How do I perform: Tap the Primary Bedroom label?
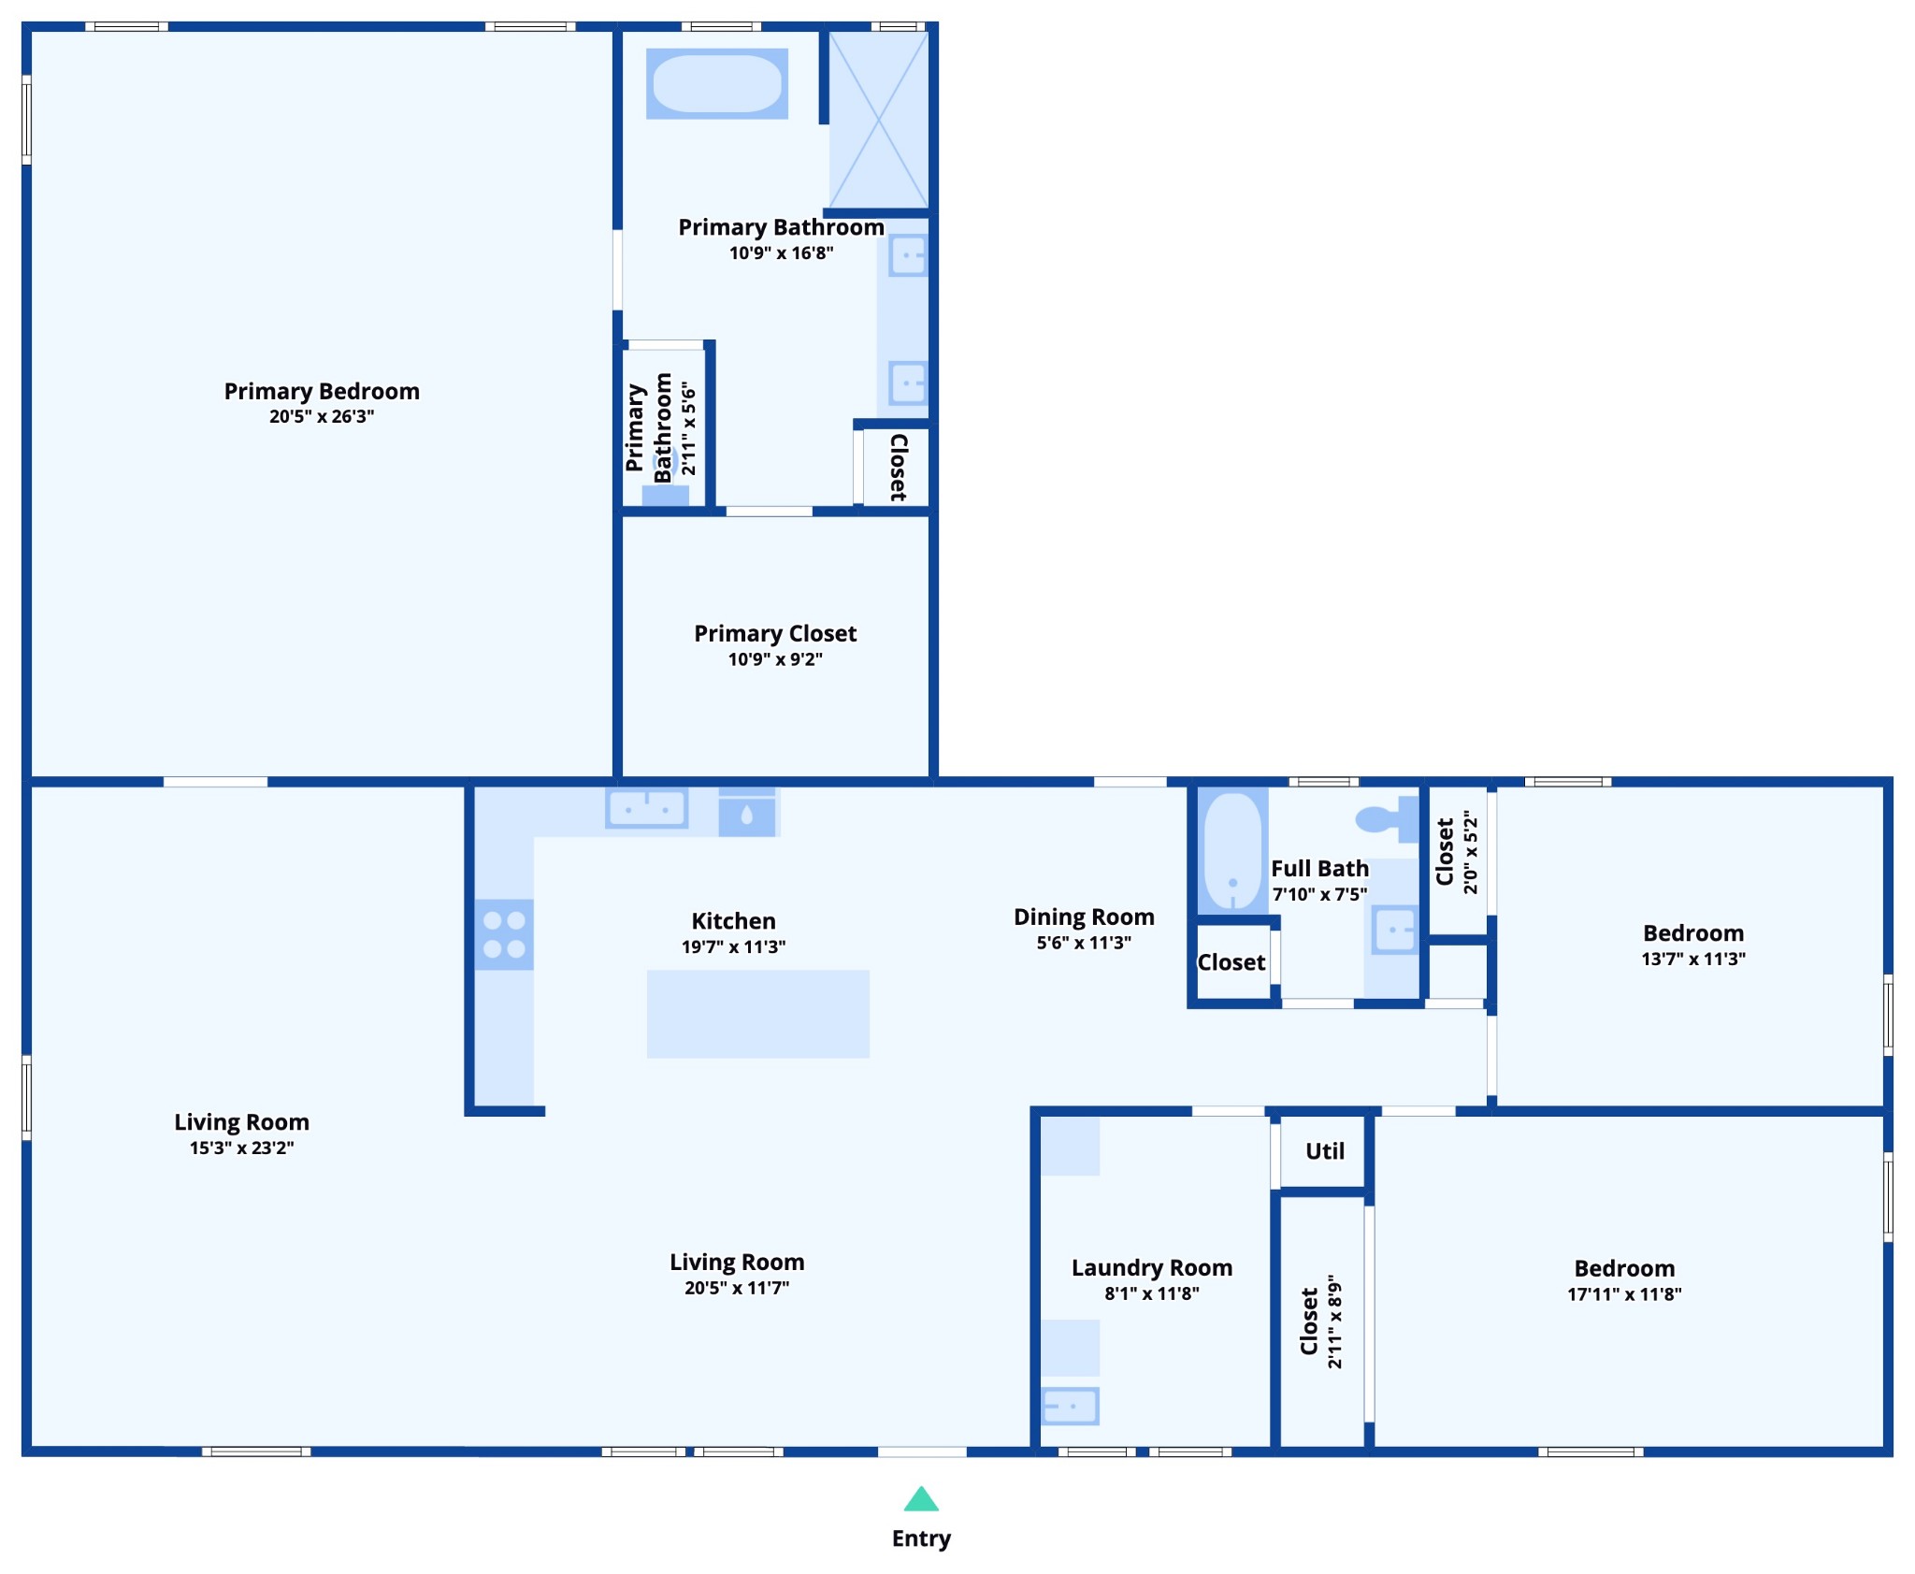[322, 391]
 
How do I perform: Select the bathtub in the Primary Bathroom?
[717, 83]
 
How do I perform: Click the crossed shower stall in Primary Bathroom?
[878, 120]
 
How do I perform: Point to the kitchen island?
[758, 1014]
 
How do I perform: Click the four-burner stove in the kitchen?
[504, 934]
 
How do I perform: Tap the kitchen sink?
[647, 808]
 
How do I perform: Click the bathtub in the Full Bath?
[1233, 852]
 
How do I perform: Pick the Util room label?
[1325, 1151]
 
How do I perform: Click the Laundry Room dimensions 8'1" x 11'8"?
[1152, 1293]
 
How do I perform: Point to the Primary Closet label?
[775, 633]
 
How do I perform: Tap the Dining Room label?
[1084, 917]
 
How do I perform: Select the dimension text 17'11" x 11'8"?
[1624, 1294]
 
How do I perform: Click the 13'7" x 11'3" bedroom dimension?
[1693, 959]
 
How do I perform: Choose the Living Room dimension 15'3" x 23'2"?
[242, 1148]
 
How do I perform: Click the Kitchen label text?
[733, 921]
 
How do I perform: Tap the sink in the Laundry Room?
[1071, 1406]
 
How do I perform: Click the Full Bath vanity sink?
[1394, 931]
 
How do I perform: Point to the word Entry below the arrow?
[921, 1538]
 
